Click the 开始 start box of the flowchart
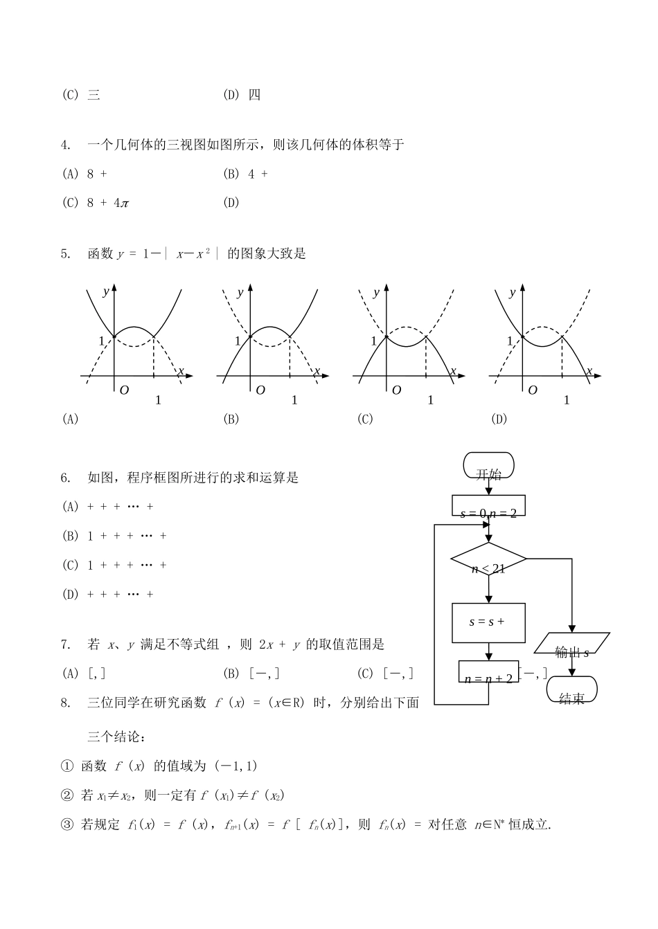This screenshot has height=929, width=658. click(488, 466)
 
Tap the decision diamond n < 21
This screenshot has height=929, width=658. click(488, 559)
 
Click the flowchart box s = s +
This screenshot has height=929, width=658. click(488, 622)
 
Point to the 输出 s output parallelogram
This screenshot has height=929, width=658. click(572, 644)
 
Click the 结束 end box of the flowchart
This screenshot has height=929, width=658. click(571, 689)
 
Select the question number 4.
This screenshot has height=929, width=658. click(66, 145)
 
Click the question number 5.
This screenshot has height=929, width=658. click(66, 253)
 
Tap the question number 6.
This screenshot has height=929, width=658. click(66, 477)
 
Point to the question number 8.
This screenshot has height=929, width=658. click(66, 703)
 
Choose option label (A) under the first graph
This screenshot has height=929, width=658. click(70, 419)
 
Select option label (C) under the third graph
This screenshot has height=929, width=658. click(365, 419)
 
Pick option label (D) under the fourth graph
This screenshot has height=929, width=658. click(499, 419)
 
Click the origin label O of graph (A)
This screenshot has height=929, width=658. click(124, 390)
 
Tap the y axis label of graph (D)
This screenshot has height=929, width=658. click(513, 293)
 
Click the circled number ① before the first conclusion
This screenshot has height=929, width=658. click(66, 766)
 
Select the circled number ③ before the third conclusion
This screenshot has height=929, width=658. click(66, 825)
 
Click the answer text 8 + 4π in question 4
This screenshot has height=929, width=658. click(108, 203)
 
